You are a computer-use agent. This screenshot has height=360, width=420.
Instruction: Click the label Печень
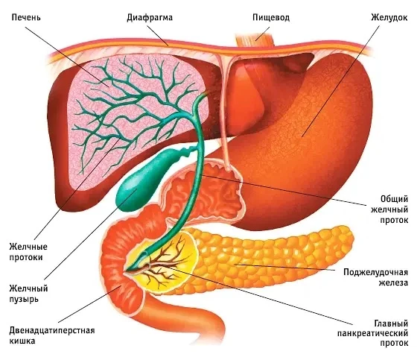point(26,18)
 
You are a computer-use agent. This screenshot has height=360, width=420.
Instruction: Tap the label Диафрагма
point(150,18)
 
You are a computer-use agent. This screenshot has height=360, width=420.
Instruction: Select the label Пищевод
point(271,18)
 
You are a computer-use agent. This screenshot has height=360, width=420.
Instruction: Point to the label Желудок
point(389,18)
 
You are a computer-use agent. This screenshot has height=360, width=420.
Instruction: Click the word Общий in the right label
point(394,199)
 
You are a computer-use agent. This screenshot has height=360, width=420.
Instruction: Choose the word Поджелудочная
point(375,272)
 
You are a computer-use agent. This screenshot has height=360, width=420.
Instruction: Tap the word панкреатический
point(372,334)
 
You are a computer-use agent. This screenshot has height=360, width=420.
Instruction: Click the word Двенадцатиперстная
point(52,330)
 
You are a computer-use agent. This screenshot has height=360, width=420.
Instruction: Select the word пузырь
point(24,300)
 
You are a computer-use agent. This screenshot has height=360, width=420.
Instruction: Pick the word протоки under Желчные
point(26,257)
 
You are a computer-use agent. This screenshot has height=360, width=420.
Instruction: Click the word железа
point(393,282)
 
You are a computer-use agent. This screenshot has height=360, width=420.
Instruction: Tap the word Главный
point(392,323)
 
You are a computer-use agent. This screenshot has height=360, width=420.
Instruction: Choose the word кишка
point(22,341)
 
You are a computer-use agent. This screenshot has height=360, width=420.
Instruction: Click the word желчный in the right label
point(389,209)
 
